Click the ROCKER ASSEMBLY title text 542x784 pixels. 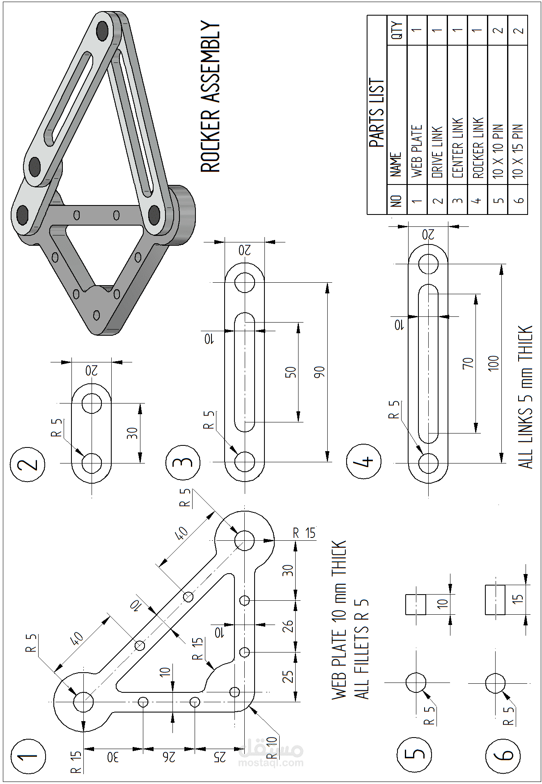click(210, 97)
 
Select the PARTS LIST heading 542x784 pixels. click(377, 113)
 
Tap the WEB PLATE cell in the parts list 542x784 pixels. click(417, 151)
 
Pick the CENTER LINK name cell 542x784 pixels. click(457, 148)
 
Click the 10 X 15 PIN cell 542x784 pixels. click(518, 151)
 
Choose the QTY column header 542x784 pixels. click(397, 30)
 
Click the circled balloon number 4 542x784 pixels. click(364, 461)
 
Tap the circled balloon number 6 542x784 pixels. click(503, 755)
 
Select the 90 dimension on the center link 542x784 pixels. click(319, 372)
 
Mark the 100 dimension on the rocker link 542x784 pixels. click(494, 364)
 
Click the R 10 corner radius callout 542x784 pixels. click(272, 748)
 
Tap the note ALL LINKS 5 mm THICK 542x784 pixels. click(526, 397)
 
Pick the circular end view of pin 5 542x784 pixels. click(416, 683)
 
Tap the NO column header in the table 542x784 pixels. click(396, 201)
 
